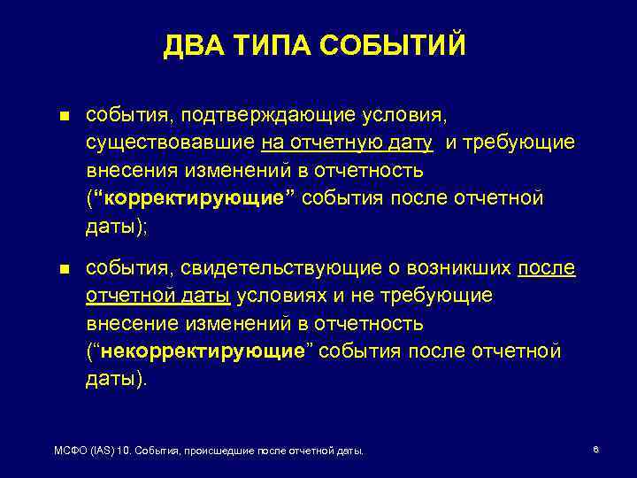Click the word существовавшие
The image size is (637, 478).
(170, 143)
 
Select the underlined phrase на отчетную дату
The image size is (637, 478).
(347, 143)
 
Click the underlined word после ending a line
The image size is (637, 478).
(546, 268)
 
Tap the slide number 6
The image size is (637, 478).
(595, 450)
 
